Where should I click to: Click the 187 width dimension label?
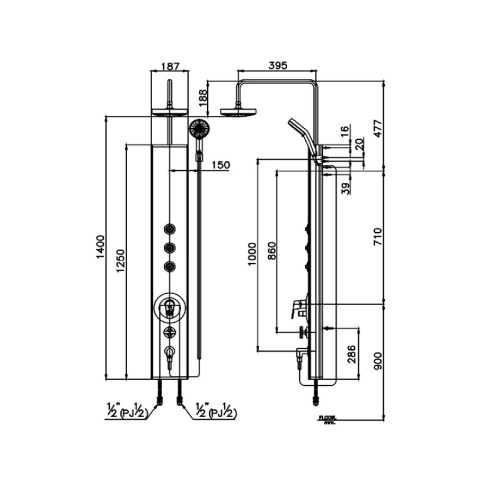coord(170,66)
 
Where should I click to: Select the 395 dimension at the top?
coord(278,66)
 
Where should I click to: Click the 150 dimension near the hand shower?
coord(221,165)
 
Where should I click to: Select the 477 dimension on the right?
coord(377,126)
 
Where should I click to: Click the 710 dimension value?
coord(377,236)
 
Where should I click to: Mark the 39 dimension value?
coord(346,188)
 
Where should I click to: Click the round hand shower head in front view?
coord(200,128)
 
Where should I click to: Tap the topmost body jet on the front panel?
coord(170,229)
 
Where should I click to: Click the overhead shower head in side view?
coord(238,111)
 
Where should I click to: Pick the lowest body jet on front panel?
coord(170,267)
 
